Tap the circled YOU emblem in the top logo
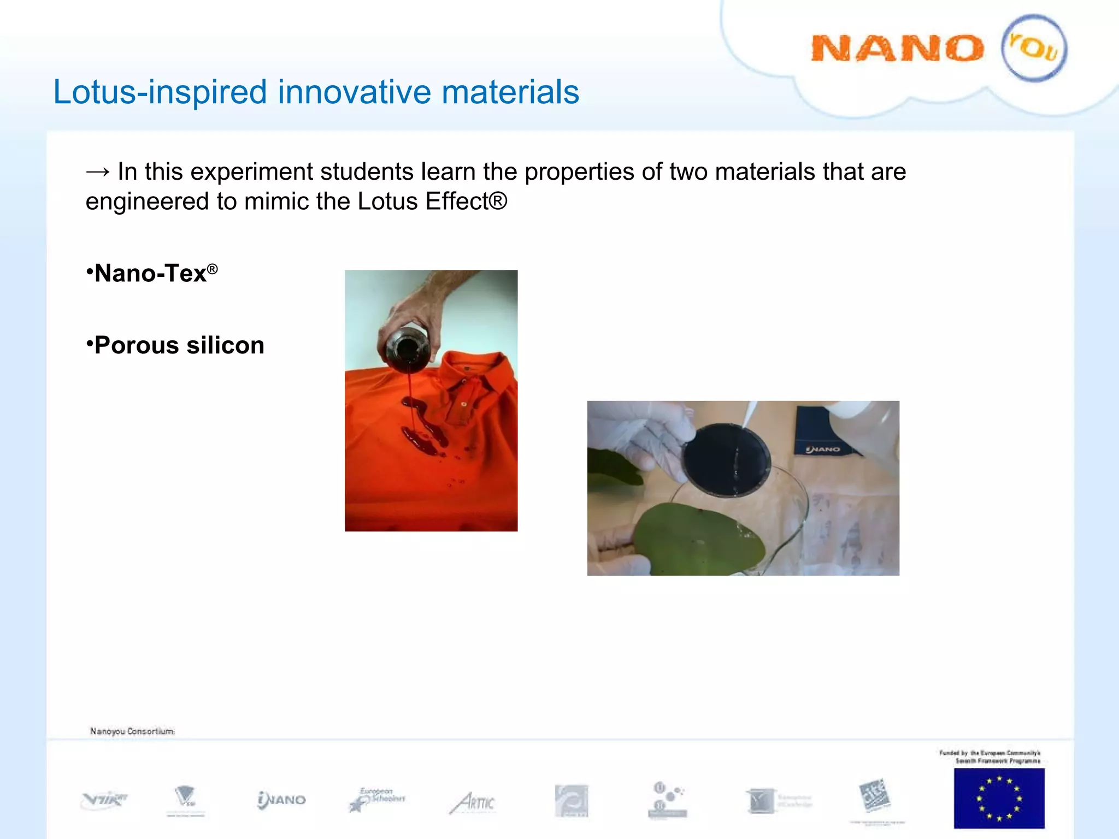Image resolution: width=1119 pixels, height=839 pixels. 1033,49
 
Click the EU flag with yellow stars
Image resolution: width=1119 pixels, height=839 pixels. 998,797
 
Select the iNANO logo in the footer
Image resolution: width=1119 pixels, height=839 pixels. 281,800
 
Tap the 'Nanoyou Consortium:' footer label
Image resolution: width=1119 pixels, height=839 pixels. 132,731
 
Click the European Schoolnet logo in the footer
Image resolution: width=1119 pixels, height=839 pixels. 377,799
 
